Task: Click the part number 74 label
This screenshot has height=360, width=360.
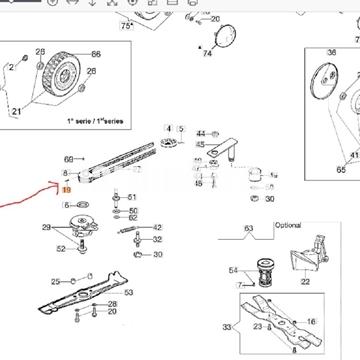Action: (208, 53)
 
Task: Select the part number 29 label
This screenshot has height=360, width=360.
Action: (46, 229)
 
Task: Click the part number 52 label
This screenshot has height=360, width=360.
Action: (61, 249)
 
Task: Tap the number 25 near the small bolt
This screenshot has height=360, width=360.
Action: (56, 280)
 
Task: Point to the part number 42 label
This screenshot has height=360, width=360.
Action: (158, 228)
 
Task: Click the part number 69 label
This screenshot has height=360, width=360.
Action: (69, 159)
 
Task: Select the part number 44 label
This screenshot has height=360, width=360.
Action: (201, 133)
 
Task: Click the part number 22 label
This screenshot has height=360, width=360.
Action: (304, 284)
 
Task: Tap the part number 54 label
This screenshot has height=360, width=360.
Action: (234, 271)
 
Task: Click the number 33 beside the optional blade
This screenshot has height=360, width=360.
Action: (227, 327)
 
